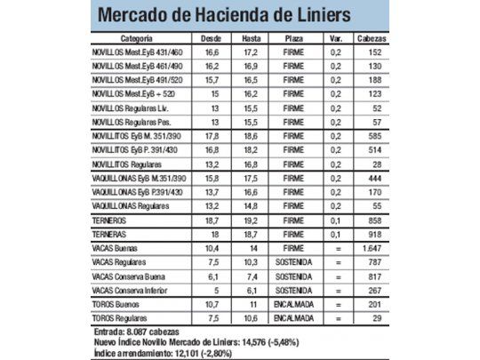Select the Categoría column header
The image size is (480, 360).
point(137,40)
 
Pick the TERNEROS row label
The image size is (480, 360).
point(111,218)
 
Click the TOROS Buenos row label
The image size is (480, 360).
point(121,303)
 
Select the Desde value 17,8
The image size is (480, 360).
point(212,136)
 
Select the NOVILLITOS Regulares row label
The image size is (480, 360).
point(127,164)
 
